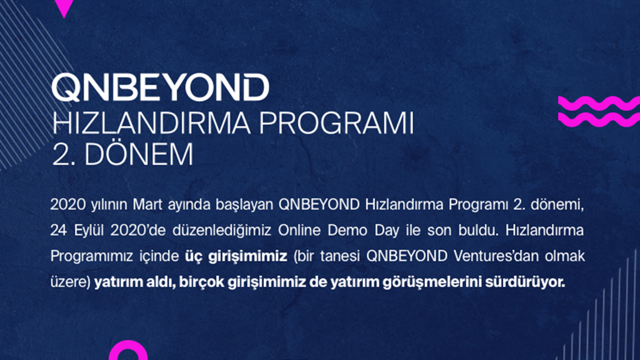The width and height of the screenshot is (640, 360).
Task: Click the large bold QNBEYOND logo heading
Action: [x=160, y=87]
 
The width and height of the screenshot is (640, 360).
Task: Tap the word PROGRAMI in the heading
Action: [x=336, y=123]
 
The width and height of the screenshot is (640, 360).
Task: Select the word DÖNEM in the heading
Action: [x=139, y=154]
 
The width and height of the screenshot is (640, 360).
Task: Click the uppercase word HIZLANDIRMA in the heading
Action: [x=151, y=123]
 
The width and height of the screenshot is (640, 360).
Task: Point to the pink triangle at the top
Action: [x=64, y=7]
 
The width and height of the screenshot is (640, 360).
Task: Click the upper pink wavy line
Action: [x=599, y=103]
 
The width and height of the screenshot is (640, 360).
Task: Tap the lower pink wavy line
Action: [x=599, y=119]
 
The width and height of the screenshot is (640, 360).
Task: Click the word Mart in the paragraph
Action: [x=147, y=204]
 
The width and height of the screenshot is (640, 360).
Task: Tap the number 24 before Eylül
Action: [x=58, y=230]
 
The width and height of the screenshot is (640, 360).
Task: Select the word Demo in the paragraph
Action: [x=347, y=230]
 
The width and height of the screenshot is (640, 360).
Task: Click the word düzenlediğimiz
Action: [x=221, y=230]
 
